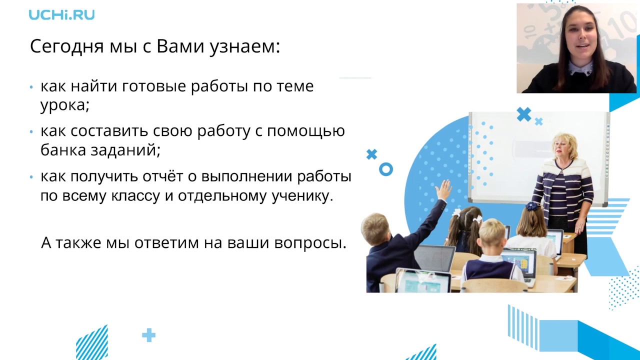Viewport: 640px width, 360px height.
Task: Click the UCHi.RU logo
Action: [x=61, y=14]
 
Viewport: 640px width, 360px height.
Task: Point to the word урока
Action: [x=63, y=105]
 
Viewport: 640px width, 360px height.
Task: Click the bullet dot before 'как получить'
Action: [x=31, y=177]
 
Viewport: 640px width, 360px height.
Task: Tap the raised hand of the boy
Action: [x=443, y=190]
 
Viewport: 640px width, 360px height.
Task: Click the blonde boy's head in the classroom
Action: [x=492, y=234]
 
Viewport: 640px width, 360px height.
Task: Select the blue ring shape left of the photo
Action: [x=385, y=169]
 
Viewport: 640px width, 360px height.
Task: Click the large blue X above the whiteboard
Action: [x=523, y=114]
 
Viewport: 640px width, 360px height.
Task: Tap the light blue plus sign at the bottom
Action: [x=148, y=335]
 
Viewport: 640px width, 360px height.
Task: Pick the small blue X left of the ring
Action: [x=371, y=154]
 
